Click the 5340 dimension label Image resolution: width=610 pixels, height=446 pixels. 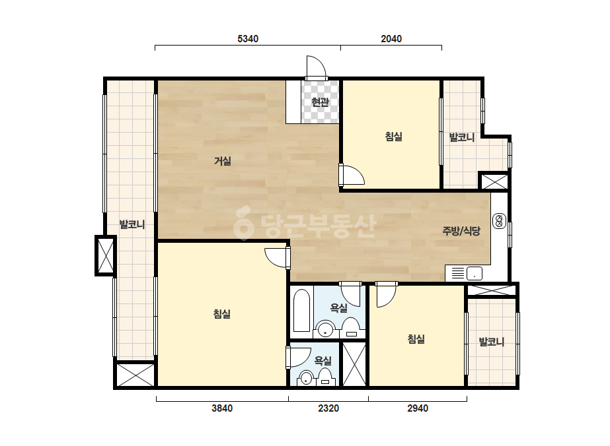point(248,39)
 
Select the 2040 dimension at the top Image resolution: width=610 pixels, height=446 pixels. point(391,39)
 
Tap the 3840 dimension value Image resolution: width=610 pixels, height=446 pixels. point(222,408)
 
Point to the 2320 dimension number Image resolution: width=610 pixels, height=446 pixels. point(328,408)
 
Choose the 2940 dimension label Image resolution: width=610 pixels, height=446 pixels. point(418,408)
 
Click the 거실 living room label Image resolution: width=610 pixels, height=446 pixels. point(223,161)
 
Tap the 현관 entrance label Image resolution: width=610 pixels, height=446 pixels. point(320,102)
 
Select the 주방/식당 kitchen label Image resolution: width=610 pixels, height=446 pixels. point(461,231)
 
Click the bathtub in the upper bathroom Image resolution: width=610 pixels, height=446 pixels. point(301,311)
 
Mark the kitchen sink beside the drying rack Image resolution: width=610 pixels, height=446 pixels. point(475,274)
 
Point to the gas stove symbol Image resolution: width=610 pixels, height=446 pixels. point(499,222)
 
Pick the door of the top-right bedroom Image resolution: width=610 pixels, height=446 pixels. point(352,175)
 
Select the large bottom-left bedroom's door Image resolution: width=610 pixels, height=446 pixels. point(277,257)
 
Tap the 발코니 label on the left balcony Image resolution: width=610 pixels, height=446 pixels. point(132,224)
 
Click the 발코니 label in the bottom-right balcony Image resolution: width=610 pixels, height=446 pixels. point(491,342)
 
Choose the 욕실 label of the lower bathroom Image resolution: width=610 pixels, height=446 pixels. point(323,361)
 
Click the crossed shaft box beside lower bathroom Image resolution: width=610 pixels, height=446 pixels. point(354,364)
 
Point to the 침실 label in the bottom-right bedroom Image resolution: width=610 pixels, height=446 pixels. point(416,339)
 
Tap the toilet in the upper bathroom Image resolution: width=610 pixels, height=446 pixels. point(352,327)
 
